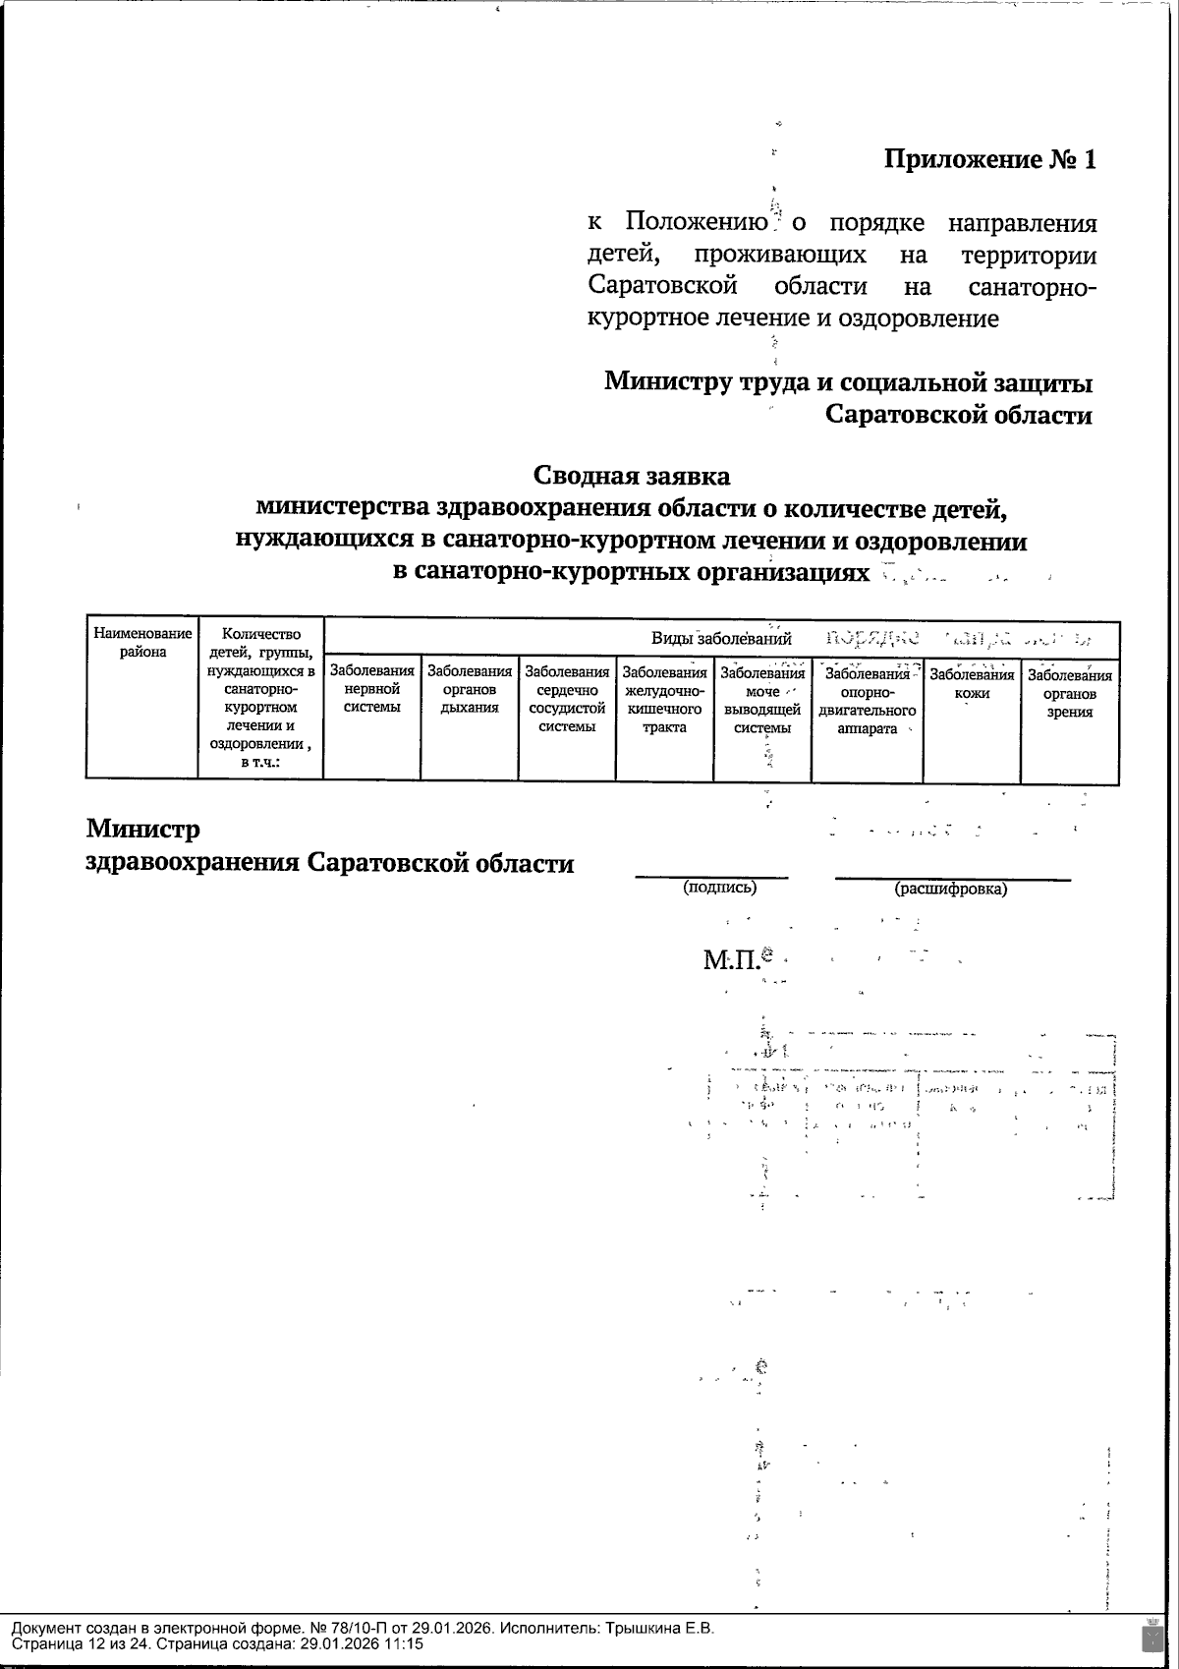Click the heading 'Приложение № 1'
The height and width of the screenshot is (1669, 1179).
point(989,159)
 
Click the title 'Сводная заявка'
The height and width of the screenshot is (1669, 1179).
point(632,476)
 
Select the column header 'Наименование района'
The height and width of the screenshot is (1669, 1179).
point(142,643)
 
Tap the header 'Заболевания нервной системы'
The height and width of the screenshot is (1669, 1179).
point(371,689)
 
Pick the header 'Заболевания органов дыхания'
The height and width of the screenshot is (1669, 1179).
point(470,689)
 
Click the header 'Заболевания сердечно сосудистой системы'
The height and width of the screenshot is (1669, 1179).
point(567,699)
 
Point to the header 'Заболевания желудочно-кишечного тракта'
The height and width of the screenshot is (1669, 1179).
point(664,699)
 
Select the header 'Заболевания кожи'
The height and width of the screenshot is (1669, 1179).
point(972,683)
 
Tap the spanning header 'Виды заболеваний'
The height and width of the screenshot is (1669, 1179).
point(721,638)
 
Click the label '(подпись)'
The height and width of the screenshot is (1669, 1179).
point(720,887)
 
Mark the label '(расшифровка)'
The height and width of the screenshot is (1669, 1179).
point(950,889)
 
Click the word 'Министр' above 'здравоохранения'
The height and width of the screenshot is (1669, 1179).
point(143,829)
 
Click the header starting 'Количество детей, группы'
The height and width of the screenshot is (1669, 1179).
point(260,698)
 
